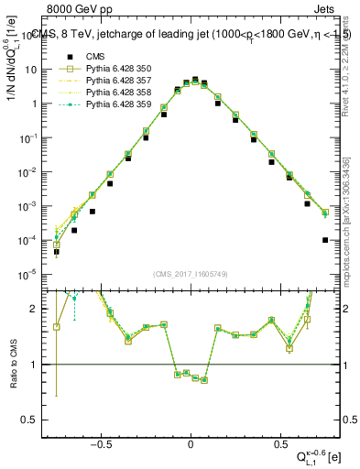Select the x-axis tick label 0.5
tap(278, 441)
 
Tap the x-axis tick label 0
tap(191, 441)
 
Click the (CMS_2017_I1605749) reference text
tap(191, 274)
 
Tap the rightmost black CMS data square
tap(325, 240)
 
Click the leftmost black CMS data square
tap(56, 252)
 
